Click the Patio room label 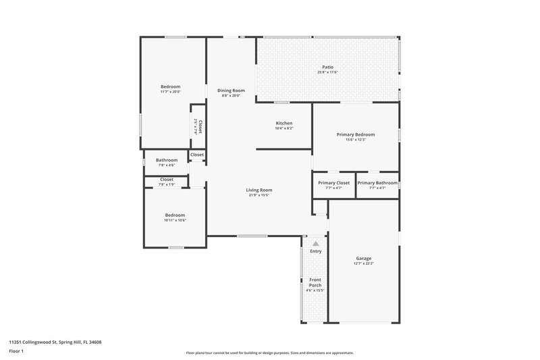327,67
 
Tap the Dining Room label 231,91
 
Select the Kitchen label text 283,123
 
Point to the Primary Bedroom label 355,134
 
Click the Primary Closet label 333,182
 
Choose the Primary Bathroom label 377,182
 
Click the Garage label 364,258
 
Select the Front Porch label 315,282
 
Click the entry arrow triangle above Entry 315,242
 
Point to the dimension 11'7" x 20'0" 170,92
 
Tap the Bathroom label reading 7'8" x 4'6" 167,165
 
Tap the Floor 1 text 17,351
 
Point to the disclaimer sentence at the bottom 270,353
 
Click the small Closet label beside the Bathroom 197,155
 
